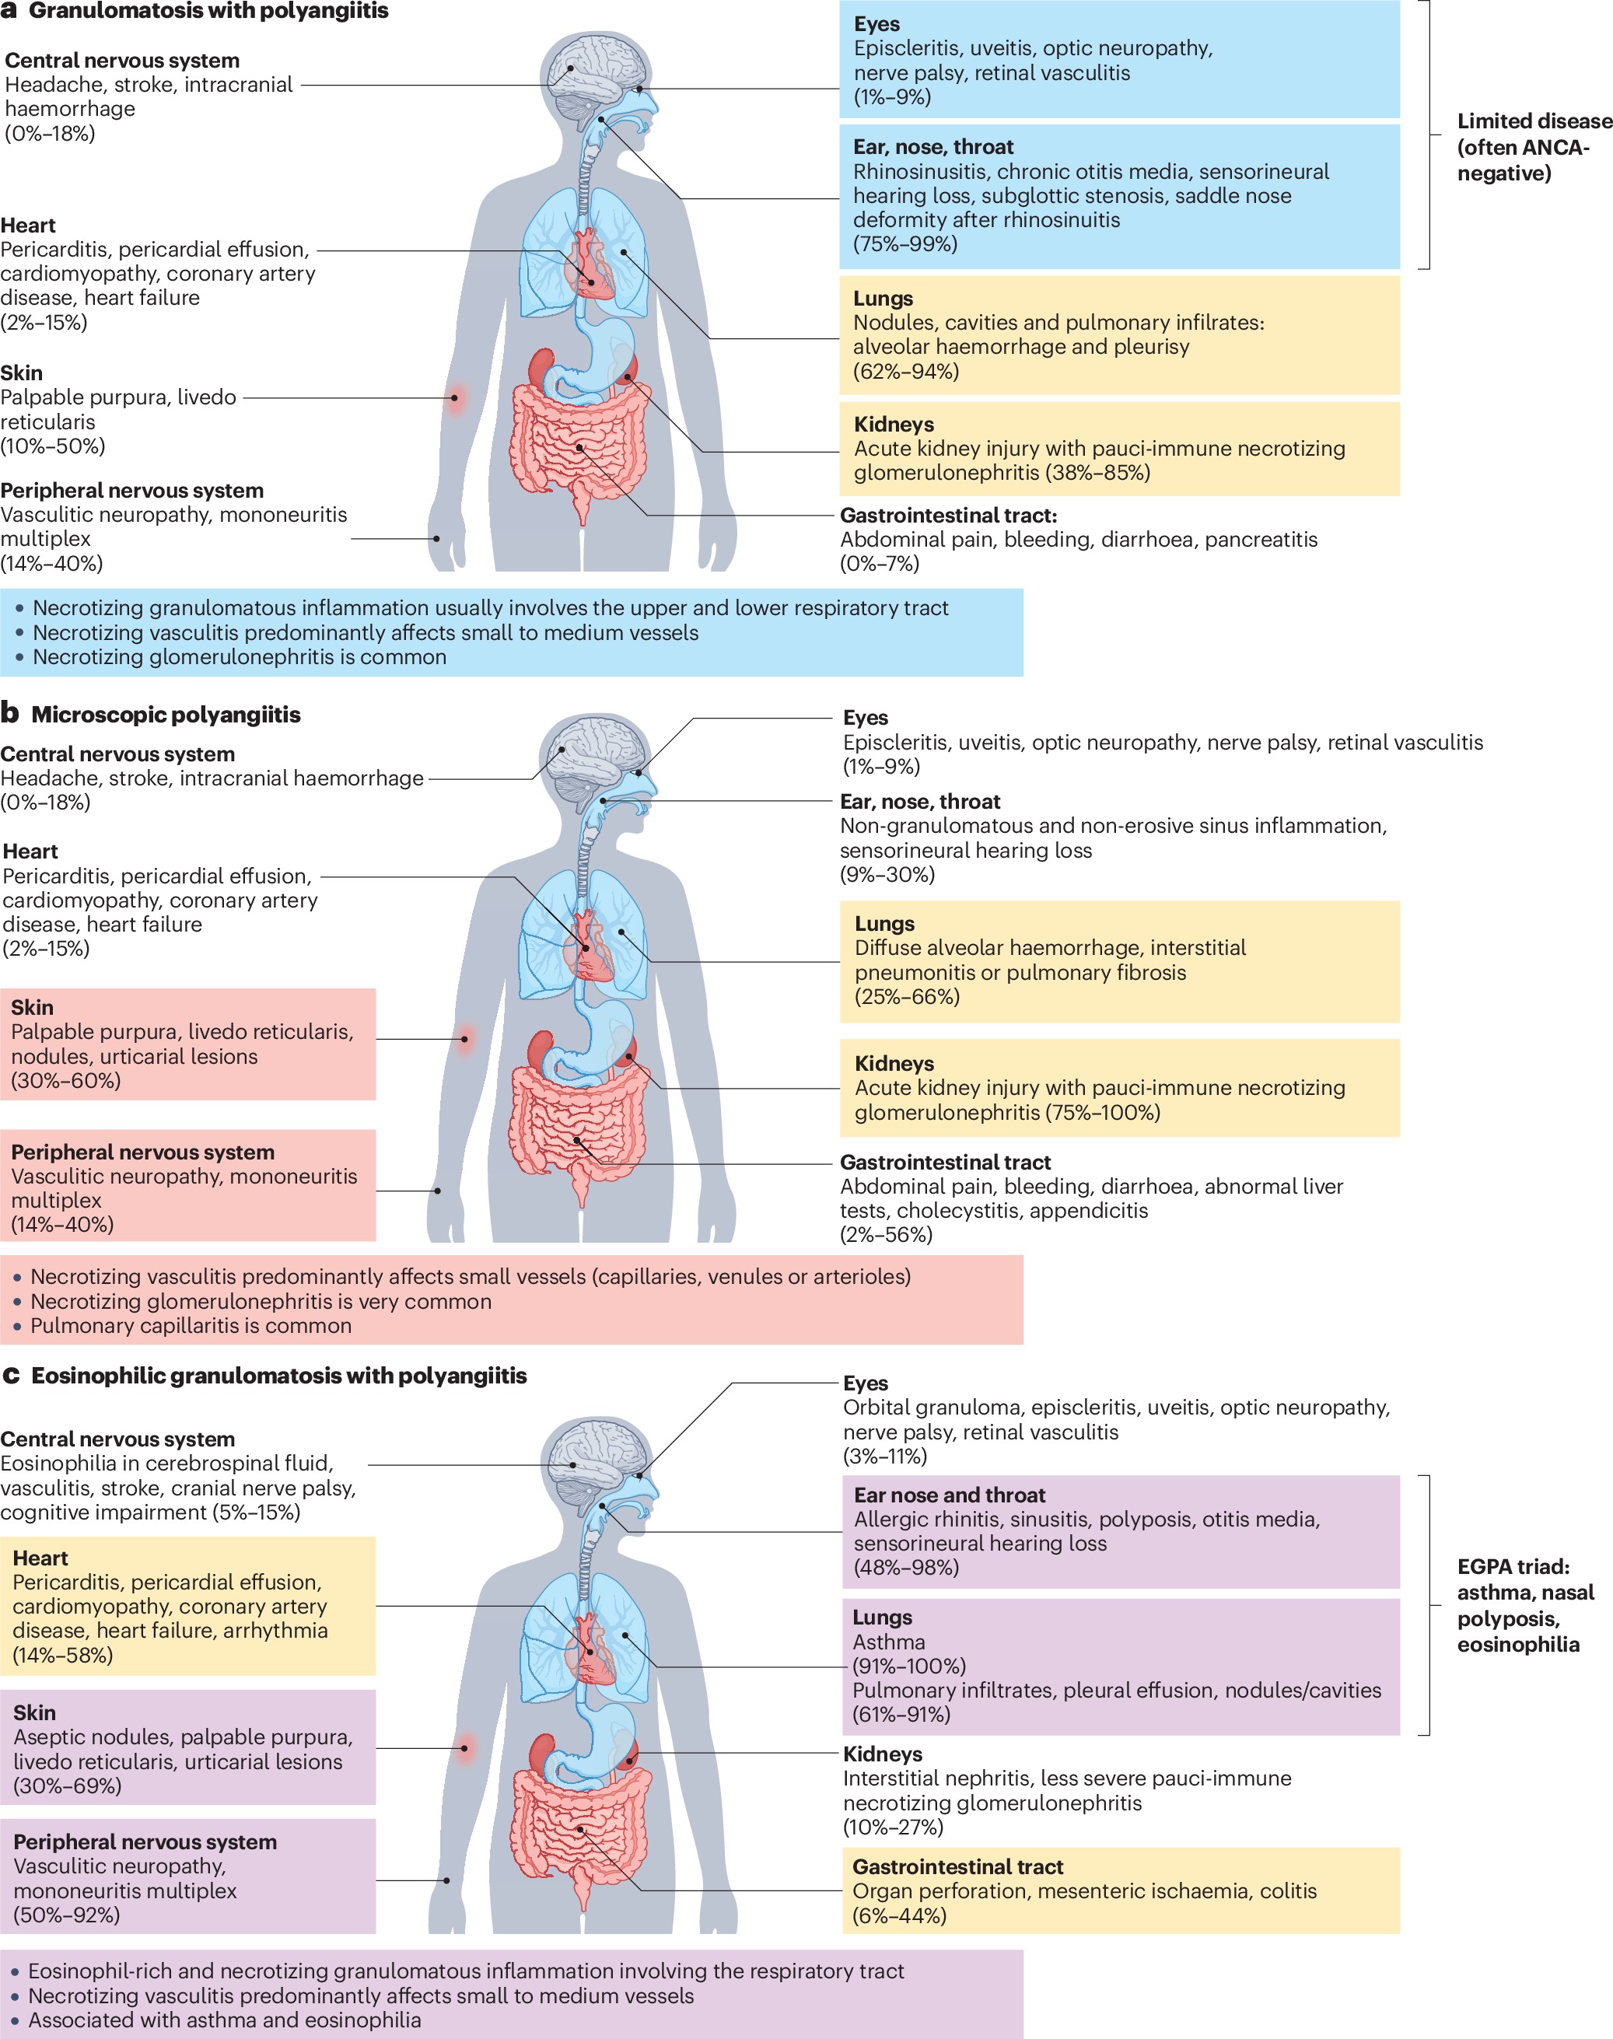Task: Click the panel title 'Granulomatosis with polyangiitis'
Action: pos(208,12)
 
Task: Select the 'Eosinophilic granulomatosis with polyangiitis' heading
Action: pos(278,1376)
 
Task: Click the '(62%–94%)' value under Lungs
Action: pos(905,372)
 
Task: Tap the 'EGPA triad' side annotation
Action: pos(1524,1606)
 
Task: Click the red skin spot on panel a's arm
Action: pos(455,397)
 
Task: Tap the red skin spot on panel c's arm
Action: pos(464,1748)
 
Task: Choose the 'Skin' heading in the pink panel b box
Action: pos(32,1008)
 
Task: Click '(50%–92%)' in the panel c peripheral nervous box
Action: pos(66,1915)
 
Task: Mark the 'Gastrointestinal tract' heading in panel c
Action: pos(957,1867)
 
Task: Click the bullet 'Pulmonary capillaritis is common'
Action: pos(191,1326)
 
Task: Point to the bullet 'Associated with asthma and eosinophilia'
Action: pos(225,2020)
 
